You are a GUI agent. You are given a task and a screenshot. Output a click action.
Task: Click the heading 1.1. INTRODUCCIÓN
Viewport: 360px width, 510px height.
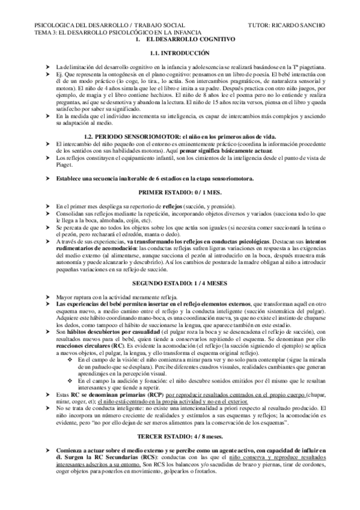click(x=180, y=53)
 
